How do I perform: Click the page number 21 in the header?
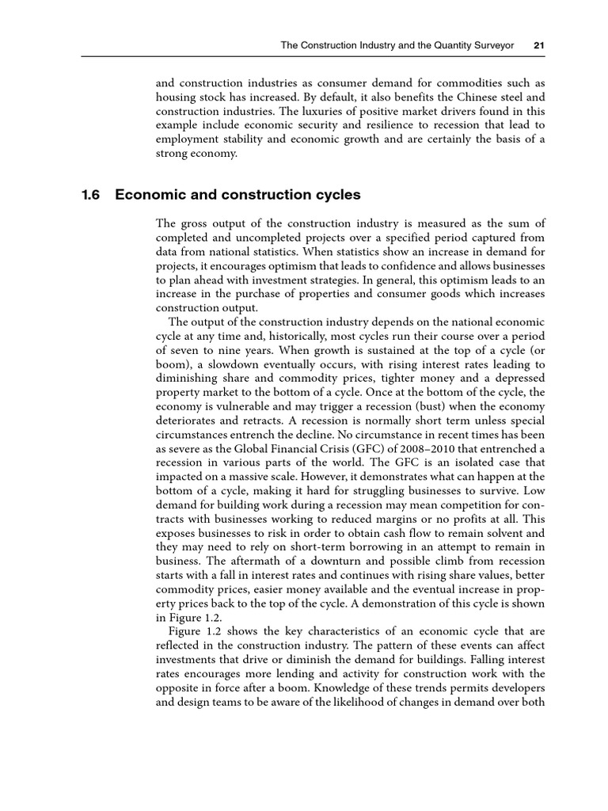point(538,45)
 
